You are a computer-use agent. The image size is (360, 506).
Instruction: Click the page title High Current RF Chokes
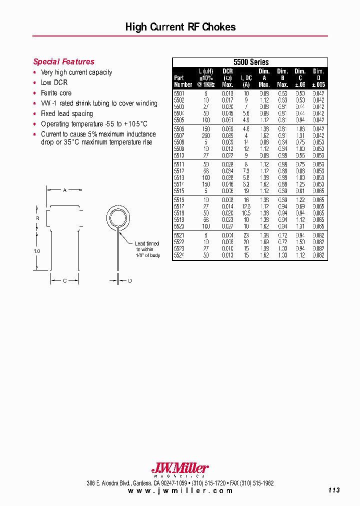(x=180, y=27)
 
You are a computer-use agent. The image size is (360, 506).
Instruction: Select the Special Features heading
(x=63, y=62)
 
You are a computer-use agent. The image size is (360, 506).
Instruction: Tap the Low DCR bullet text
(x=54, y=82)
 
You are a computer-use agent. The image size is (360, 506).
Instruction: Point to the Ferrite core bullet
(x=56, y=93)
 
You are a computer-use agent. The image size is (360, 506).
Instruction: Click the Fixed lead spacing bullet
(x=66, y=113)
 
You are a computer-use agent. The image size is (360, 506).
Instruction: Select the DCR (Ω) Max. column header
(x=227, y=78)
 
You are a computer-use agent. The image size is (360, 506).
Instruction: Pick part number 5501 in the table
(x=179, y=93)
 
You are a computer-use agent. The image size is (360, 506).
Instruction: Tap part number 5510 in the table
(x=179, y=155)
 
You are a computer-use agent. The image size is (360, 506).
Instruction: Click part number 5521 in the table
(x=179, y=235)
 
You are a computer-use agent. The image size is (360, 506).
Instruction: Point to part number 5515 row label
(x=179, y=191)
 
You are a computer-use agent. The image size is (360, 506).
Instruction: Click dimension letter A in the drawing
(x=64, y=190)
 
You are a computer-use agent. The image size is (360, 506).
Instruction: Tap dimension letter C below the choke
(x=64, y=281)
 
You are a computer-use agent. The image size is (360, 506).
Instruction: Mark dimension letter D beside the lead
(x=129, y=281)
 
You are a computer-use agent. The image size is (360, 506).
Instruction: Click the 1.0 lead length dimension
(x=36, y=251)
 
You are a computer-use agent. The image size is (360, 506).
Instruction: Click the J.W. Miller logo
(x=179, y=469)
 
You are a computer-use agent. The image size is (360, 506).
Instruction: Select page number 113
(x=334, y=490)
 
